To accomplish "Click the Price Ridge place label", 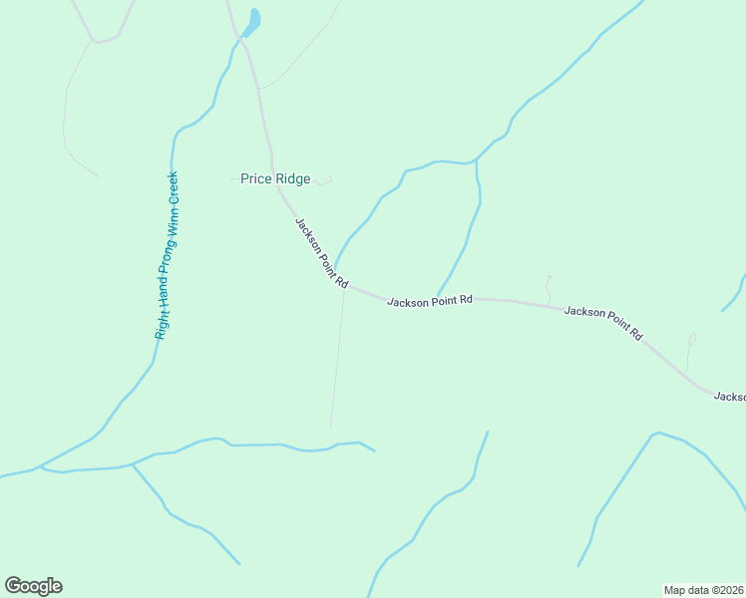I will [275, 179].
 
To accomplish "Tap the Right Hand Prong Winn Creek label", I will [167, 255].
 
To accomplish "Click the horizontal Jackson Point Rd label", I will [429, 300].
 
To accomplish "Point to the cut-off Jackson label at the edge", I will [729, 397].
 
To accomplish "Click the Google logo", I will [33, 586].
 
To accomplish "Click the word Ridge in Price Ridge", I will [293, 179].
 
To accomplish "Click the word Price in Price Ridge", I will [256, 179].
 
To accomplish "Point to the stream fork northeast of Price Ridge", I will [476, 161].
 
